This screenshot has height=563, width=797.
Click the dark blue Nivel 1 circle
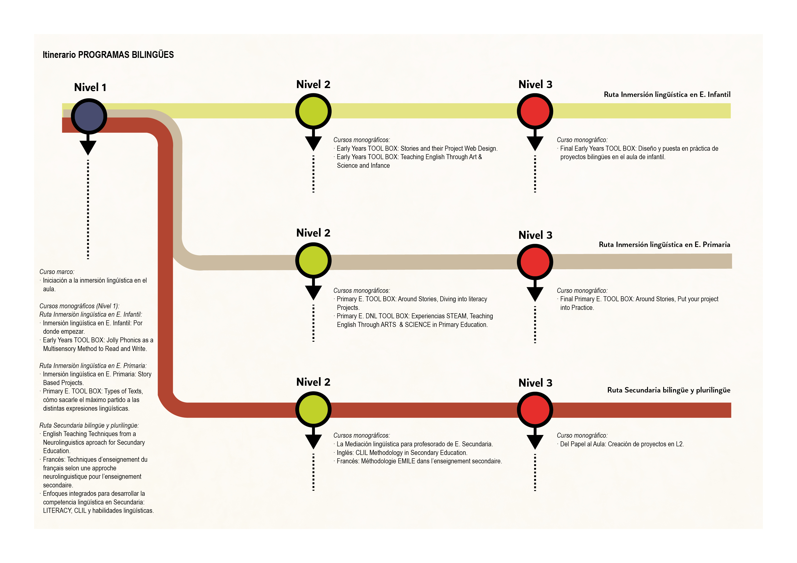pos(89,116)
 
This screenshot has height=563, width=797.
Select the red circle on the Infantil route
pos(535,111)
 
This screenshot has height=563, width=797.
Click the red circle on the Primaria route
pos(535,262)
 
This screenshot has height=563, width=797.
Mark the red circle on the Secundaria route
pos(535,410)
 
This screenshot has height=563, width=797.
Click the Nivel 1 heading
pos(90,87)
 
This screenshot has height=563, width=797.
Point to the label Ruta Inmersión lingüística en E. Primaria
pos(664,244)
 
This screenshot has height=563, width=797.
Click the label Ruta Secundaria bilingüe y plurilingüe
pos(669,390)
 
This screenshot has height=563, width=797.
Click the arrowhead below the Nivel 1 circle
pos(88,147)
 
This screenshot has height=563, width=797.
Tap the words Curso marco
pos(57,272)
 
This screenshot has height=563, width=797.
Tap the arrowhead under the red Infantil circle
pos(535,143)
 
